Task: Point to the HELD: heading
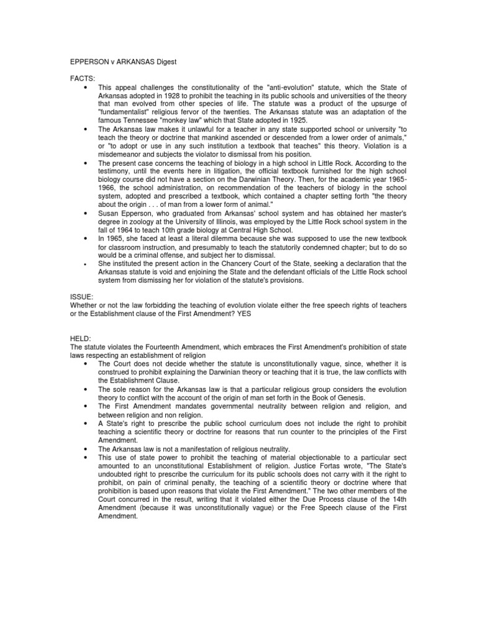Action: point(81,338)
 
